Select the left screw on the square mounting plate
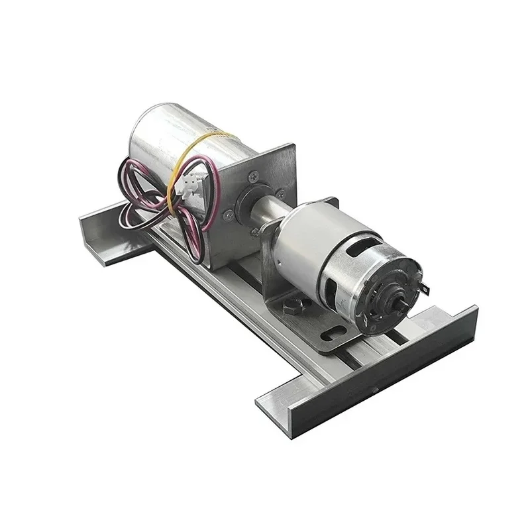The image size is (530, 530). (x=228, y=213)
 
